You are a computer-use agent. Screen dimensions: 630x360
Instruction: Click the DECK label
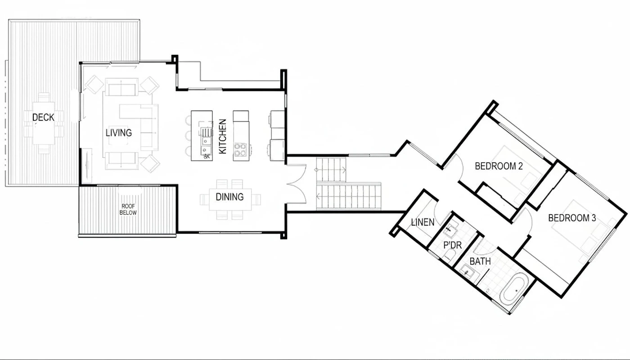click(x=43, y=117)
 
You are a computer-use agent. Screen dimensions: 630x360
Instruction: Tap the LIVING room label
click(x=119, y=133)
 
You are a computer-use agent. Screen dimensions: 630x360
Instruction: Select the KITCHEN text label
click(x=222, y=136)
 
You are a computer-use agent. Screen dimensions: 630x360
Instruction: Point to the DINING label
click(x=229, y=197)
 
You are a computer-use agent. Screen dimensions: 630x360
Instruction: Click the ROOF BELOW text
click(x=128, y=210)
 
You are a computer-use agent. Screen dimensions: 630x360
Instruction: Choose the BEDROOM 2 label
click(x=499, y=166)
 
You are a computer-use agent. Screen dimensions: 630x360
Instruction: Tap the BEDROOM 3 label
click(x=572, y=218)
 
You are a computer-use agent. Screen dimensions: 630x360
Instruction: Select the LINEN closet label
click(x=423, y=222)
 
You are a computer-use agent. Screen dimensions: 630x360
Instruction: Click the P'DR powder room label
click(x=453, y=245)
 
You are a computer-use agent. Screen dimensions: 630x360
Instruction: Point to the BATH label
click(x=480, y=261)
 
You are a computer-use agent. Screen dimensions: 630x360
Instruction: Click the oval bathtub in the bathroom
click(x=513, y=289)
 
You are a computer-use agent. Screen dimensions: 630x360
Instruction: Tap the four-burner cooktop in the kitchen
click(x=240, y=149)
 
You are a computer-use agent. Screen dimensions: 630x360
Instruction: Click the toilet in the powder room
click(x=450, y=255)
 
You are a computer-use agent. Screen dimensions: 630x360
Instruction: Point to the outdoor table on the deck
click(x=44, y=123)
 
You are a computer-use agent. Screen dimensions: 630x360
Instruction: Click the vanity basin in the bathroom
click(x=468, y=272)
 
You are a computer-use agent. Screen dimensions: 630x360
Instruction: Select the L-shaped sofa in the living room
click(x=139, y=126)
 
